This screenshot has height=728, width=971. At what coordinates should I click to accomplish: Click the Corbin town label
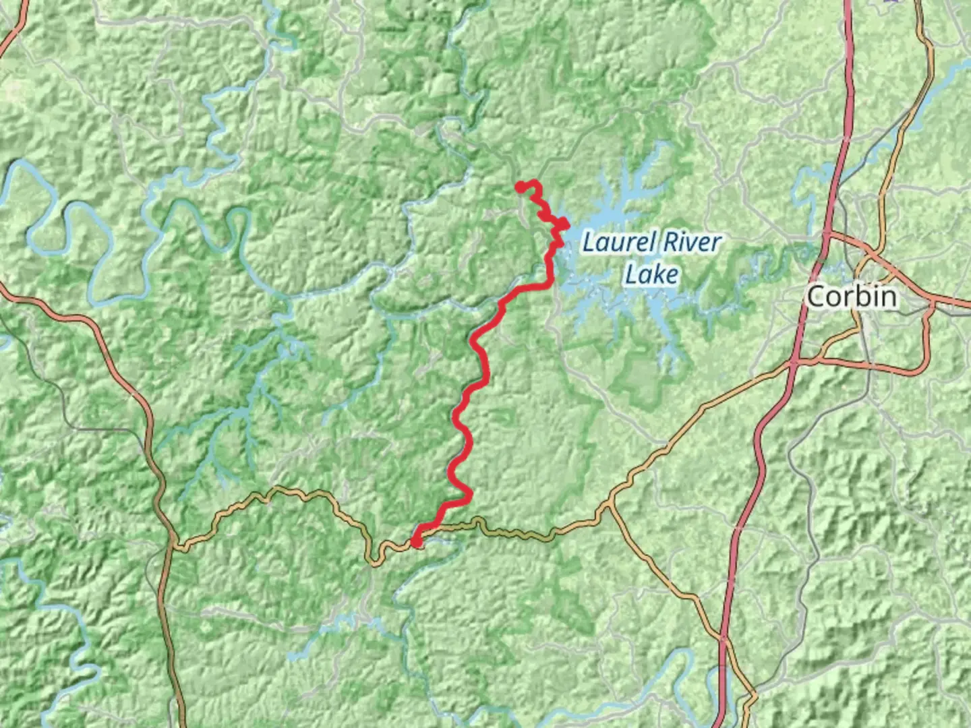point(852,297)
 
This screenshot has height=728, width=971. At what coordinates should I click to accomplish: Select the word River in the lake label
point(690,242)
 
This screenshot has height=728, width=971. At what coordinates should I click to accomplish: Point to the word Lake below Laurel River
point(651,274)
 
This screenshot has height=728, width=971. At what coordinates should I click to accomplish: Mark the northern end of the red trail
point(521,187)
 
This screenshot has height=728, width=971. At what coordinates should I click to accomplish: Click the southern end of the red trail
point(416,541)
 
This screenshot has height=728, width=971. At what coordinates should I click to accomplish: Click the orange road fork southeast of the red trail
point(610,502)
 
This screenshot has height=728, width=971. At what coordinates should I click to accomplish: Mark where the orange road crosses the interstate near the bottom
point(724,637)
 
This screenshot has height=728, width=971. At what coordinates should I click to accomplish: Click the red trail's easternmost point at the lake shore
point(565,225)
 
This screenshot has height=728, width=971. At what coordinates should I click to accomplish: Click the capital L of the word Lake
point(631,274)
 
